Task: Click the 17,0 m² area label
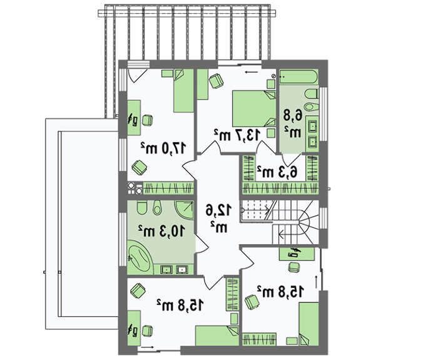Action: coord(163,148)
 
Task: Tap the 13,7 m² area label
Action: coord(238,135)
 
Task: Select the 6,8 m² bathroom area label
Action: coord(293,124)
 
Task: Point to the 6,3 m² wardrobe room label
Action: coord(277,172)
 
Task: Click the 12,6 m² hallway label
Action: coord(219,219)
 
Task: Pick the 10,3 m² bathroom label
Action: coord(161,231)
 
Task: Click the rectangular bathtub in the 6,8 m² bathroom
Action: coord(298,77)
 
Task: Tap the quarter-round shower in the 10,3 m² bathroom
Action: coord(185,210)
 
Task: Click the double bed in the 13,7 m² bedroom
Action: coord(254,108)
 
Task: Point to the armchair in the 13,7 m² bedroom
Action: coord(216,81)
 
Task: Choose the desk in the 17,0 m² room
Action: coord(134,118)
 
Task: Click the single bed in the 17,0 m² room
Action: coord(184,91)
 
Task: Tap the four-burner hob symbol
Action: coord(135,188)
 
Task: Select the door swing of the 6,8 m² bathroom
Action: coord(292,160)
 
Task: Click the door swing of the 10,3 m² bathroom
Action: coord(201,244)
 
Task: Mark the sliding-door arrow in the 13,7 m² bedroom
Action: coord(252,72)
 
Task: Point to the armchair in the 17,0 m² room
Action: coord(139,168)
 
